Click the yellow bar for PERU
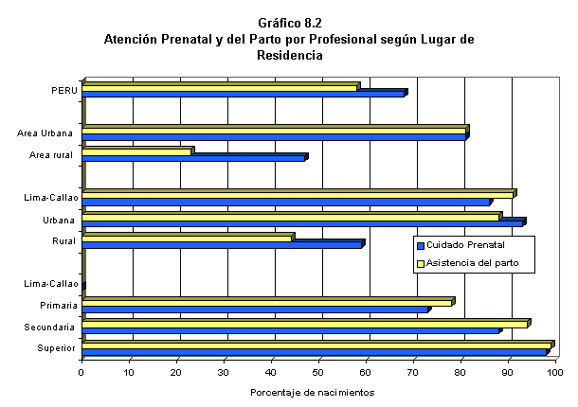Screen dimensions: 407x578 pyautogui.click(x=220, y=88)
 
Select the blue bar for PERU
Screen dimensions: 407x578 pyautogui.click(x=244, y=94)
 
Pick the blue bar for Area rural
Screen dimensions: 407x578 pyautogui.click(x=193, y=158)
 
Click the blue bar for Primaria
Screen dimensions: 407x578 pyautogui.click(x=255, y=310)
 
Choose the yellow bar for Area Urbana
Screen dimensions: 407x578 pyautogui.click(x=274, y=130)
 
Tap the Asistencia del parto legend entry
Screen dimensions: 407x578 pyautogui.click(x=475, y=263)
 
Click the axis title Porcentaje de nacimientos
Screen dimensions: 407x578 pyautogui.click(x=313, y=392)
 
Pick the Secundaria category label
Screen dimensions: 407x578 pyautogui.click(x=52, y=327)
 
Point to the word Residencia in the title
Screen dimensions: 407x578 pyautogui.click(x=289, y=56)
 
